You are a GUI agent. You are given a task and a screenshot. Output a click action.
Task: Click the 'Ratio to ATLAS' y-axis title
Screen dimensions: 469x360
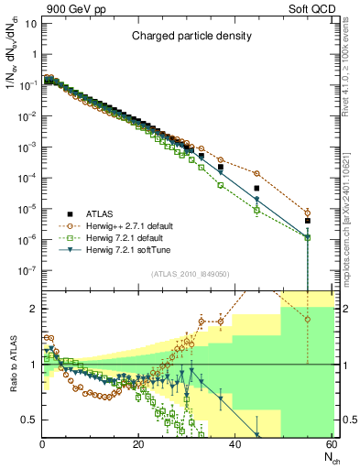11,365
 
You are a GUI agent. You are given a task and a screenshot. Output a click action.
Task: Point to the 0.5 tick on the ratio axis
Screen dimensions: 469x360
29,420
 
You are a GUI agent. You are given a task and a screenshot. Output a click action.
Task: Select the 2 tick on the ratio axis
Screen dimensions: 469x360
33,309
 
